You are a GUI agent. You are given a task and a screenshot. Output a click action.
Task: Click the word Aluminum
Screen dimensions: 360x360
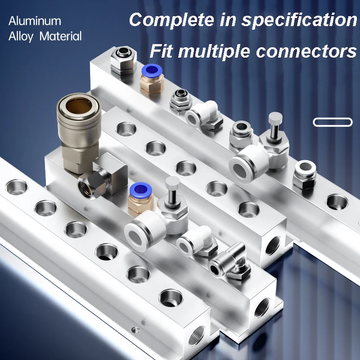[35, 21]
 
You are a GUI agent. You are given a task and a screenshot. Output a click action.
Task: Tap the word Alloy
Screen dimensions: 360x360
[21, 37]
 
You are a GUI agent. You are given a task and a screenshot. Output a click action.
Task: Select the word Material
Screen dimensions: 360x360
[61, 36]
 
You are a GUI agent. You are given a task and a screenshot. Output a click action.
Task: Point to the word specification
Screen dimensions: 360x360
[299, 20]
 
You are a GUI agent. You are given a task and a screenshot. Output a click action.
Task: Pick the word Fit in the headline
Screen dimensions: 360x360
[161, 51]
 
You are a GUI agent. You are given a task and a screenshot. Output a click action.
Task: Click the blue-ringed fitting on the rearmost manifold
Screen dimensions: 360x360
[152, 79]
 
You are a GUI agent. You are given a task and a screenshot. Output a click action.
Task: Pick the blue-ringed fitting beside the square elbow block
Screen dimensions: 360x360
[140, 199]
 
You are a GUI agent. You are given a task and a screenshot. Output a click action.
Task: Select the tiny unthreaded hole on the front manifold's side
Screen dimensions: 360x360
[135, 330]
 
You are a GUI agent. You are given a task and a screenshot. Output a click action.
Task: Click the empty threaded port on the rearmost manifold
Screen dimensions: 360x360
[337, 202]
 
